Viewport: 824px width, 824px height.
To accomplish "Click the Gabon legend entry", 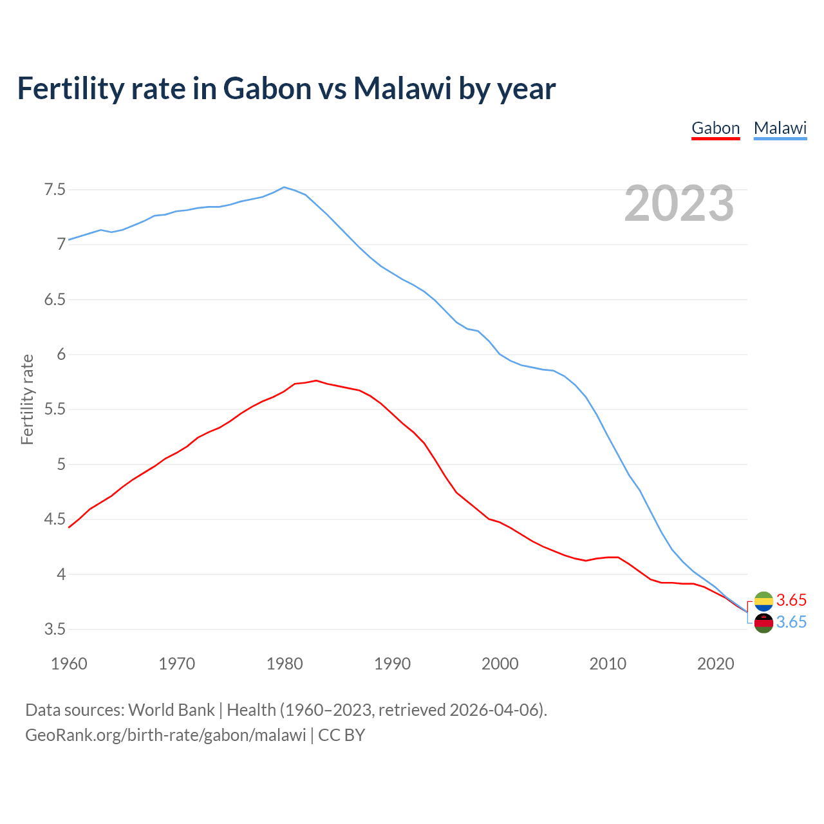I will [715, 128].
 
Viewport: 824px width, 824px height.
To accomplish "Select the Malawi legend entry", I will [780, 128].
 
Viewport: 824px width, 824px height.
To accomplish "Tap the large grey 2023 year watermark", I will [679, 203].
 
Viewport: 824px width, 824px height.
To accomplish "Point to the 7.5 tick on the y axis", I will [55, 190].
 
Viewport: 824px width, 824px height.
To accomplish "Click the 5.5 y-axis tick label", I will [55, 409].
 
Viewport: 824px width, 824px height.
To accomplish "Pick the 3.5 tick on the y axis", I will [55, 629].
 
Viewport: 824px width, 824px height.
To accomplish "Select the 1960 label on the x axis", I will [69, 664].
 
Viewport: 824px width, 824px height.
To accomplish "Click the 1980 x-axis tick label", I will [285, 664].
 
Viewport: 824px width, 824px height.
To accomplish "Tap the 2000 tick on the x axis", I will [500, 664].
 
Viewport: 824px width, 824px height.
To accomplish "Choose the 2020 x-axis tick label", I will [715, 664].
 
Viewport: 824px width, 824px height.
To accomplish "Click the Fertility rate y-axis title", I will [27, 399].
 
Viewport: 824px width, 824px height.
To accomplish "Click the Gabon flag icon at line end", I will [763, 601].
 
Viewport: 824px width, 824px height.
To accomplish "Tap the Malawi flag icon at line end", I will [763, 623].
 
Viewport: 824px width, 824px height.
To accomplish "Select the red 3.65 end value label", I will [791, 600].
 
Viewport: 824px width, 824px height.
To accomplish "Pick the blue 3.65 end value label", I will [791, 623].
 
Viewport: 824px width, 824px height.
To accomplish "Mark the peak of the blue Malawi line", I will [285, 187].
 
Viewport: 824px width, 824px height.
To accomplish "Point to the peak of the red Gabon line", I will [316, 380].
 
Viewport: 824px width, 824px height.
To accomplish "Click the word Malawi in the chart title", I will [402, 88].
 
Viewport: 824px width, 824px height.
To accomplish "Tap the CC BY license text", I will [342, 735].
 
